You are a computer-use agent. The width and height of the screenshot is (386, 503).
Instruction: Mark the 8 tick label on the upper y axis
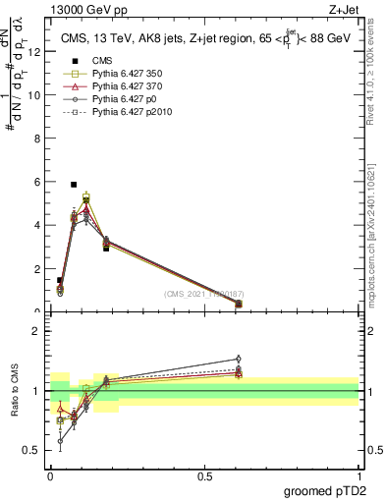tap(34, 139)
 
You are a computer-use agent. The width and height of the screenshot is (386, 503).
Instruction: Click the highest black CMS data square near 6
tap(74, 185)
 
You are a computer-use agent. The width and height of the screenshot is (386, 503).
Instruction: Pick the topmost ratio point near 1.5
tap(239, 359)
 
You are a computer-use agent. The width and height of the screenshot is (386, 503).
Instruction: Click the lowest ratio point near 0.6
tap(60, 441)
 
